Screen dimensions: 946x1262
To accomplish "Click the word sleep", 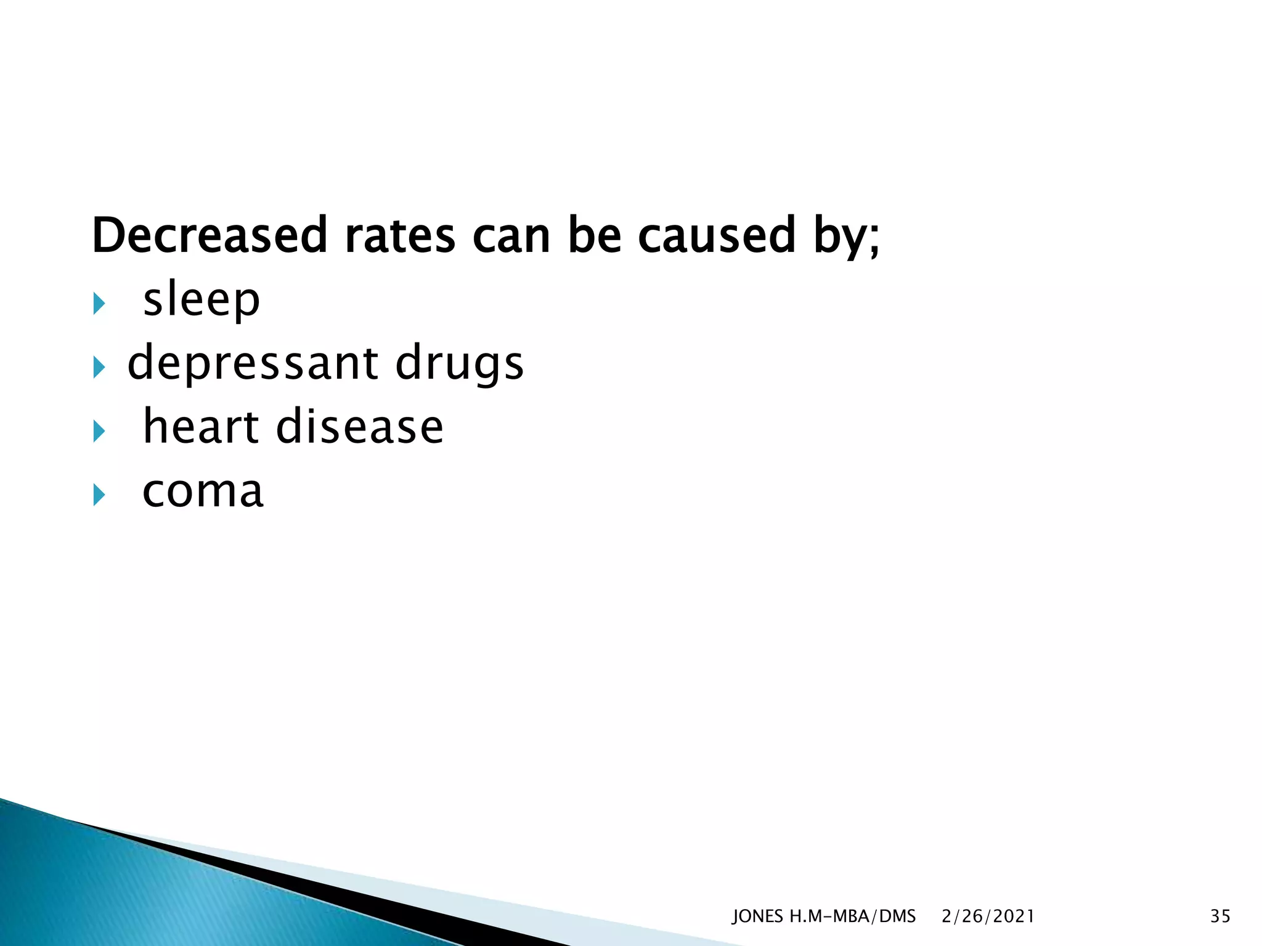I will (202, 300).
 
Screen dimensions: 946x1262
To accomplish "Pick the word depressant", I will (253, 363).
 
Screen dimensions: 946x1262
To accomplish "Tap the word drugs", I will (459, 363).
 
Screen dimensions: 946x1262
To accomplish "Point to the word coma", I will (203, 491).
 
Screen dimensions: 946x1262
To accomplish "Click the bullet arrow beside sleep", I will (99, 303).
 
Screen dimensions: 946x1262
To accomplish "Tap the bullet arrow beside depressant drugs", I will (99, 367).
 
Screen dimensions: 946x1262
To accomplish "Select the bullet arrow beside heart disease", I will (99, 431).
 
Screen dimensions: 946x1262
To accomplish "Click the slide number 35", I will (1220, 916).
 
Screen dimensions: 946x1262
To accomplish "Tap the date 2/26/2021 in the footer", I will (988, 916).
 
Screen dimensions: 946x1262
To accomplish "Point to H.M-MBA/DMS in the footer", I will (853, 916).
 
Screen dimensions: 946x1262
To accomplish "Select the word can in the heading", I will (511, 235).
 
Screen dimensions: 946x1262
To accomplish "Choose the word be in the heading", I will (594, 235).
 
